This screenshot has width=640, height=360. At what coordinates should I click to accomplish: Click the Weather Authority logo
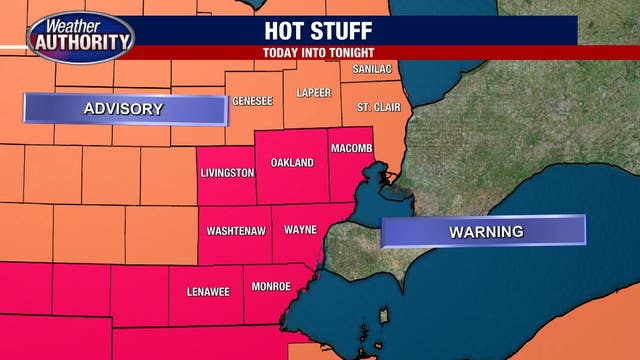pyautogui.click(x=79, y=37)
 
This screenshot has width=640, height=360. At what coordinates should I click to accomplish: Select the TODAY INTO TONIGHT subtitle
pyautogui.click(x=320, y=52)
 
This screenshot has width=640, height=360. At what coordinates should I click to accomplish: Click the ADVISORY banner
pyautogui.click(x=124, y=109)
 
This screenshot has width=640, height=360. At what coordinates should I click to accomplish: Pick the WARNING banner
pyautogui.click(x=485, y=231)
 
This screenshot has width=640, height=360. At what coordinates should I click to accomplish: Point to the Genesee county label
pyautogui.click(x=252, y=100)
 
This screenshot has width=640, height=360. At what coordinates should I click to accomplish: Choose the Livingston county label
pyautogui.click(x=227, y=172)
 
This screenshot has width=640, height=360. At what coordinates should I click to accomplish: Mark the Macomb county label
pyautogui.click(x=351, y=148)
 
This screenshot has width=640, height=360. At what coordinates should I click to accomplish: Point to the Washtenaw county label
pyautogui.click(x=236, y=230)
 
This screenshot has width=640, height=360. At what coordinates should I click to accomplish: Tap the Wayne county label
pyautogui.click(x=300, y=229)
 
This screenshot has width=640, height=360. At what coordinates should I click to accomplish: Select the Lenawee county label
pyautogui.click(x=207, y=292)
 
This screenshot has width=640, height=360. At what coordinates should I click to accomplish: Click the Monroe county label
pyautogui.click(x=271, y=286)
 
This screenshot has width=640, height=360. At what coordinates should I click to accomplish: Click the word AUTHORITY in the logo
pyautogui.click(x=82, y=44)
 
